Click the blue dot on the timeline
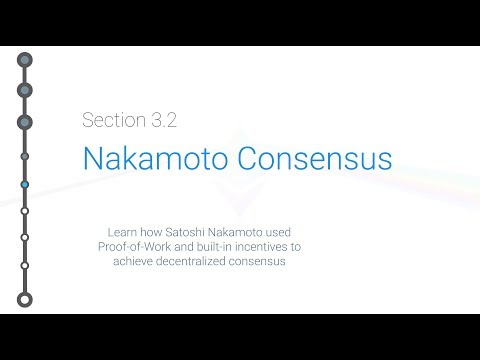coord(25,185)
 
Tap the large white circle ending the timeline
coord(25,299)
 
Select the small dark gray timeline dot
coord(25,156)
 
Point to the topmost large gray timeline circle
coord(25,60)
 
